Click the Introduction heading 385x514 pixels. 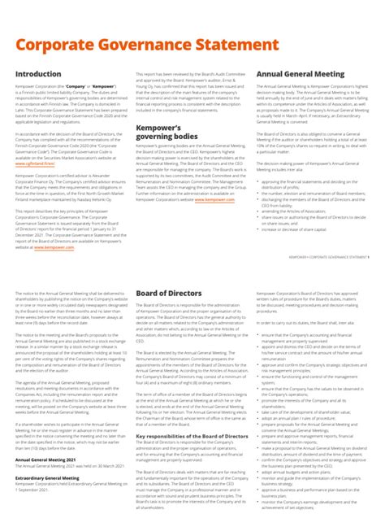(x=38, y=74)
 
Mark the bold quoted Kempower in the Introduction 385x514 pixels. (x=104, y=85)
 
